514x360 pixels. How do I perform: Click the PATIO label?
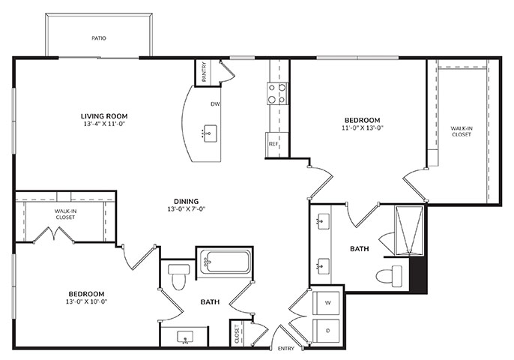[99, 38]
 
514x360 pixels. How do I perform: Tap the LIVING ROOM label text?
[104, 116]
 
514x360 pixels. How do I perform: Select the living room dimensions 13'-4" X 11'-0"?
[105, 124]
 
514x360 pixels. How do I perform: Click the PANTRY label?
[204, 71]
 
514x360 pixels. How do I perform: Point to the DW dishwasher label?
[215, 104]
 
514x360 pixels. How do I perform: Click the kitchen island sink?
[210, 133]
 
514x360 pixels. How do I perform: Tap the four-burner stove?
[277, 94]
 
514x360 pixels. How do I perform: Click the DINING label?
[186, 202]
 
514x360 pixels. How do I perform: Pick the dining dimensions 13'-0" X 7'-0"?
[186, 209]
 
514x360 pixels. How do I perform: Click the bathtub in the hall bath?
[225, 262]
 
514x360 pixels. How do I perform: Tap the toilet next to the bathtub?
[178, 277]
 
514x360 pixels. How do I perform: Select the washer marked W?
[327, 303]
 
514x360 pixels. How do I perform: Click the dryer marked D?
[327, 331]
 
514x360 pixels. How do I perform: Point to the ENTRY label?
[286, 349]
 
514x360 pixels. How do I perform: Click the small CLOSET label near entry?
[237, 334]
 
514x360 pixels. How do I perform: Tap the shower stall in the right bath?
[409, 230]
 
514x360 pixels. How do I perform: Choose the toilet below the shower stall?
[389, 276]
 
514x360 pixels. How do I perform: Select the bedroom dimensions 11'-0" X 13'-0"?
[363, 128]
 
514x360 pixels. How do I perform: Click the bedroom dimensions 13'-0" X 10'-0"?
[87, 301]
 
